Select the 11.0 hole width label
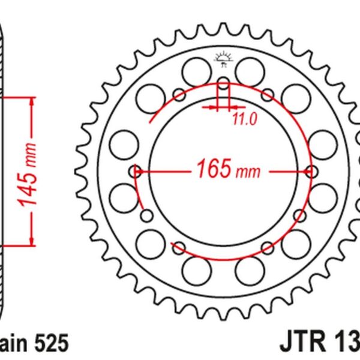244,119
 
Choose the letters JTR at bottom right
301,344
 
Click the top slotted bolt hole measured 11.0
223,85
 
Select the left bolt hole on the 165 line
136,171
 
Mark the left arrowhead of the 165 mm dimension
140,171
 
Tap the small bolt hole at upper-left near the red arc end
179,94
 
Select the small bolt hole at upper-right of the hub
268,94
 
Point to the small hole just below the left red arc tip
145,215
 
